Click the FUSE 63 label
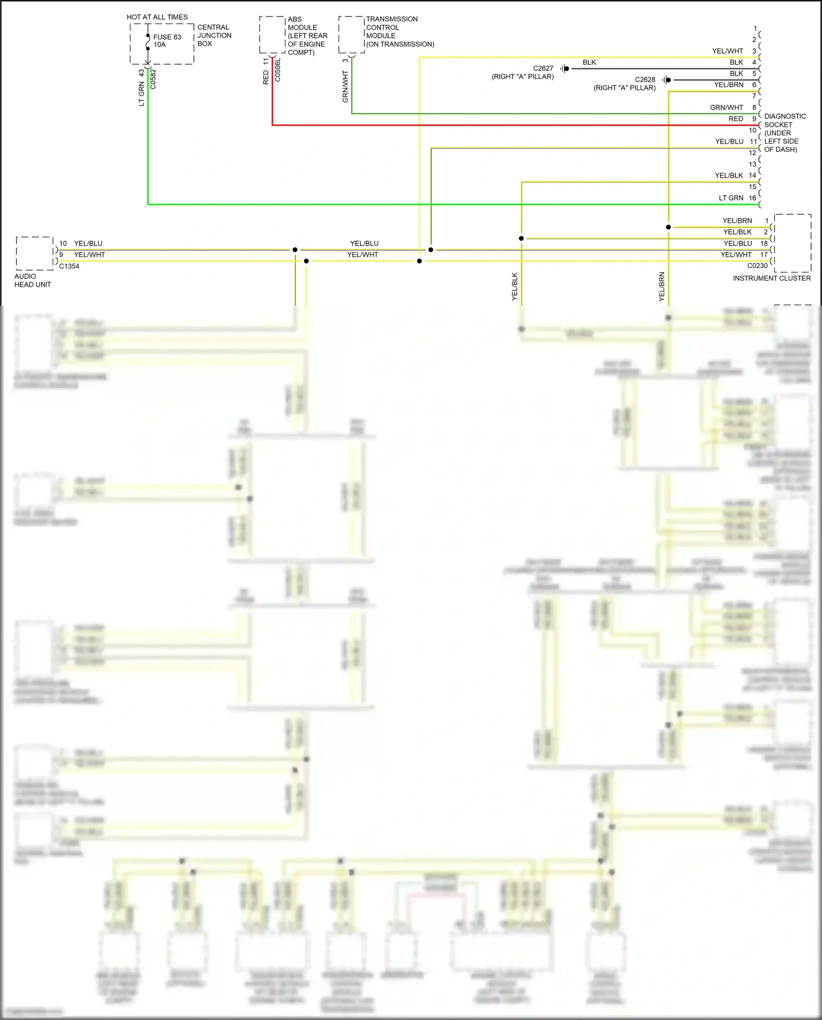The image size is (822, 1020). point(167,37)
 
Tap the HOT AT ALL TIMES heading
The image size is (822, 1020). point(157,17)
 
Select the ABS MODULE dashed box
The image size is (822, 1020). point(272,35)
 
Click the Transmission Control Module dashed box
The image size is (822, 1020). point(351,35)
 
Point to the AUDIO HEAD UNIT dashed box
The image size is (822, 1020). point(35,253)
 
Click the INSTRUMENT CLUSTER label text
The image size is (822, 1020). point(772,278)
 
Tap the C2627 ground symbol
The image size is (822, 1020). point(564,69)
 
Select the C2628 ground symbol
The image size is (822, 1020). point(666,80)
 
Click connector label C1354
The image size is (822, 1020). point(70,266)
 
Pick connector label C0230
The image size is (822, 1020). point(757,266)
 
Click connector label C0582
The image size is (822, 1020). point(153,79)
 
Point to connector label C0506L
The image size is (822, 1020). point(278,70)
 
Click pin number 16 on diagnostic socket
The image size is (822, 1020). point(752,198)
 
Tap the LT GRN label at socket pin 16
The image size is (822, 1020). point(731,198)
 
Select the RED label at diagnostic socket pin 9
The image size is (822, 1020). point(736,119)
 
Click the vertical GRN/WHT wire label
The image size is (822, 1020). point(345,86)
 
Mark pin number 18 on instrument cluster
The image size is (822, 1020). point(764,243)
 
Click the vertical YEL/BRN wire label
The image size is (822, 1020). point(662,287)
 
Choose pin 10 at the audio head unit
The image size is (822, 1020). point(63,243)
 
